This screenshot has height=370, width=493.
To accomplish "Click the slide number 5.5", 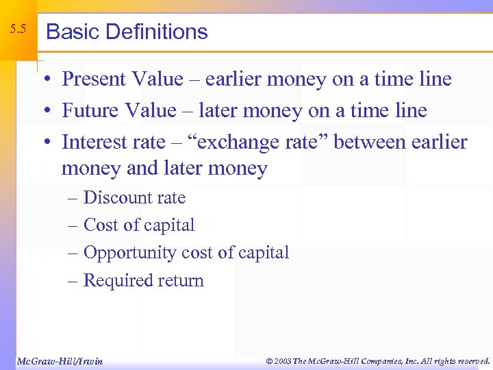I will (x=18, y=29).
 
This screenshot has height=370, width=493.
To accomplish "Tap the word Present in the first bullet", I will (x=93, y=79).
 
